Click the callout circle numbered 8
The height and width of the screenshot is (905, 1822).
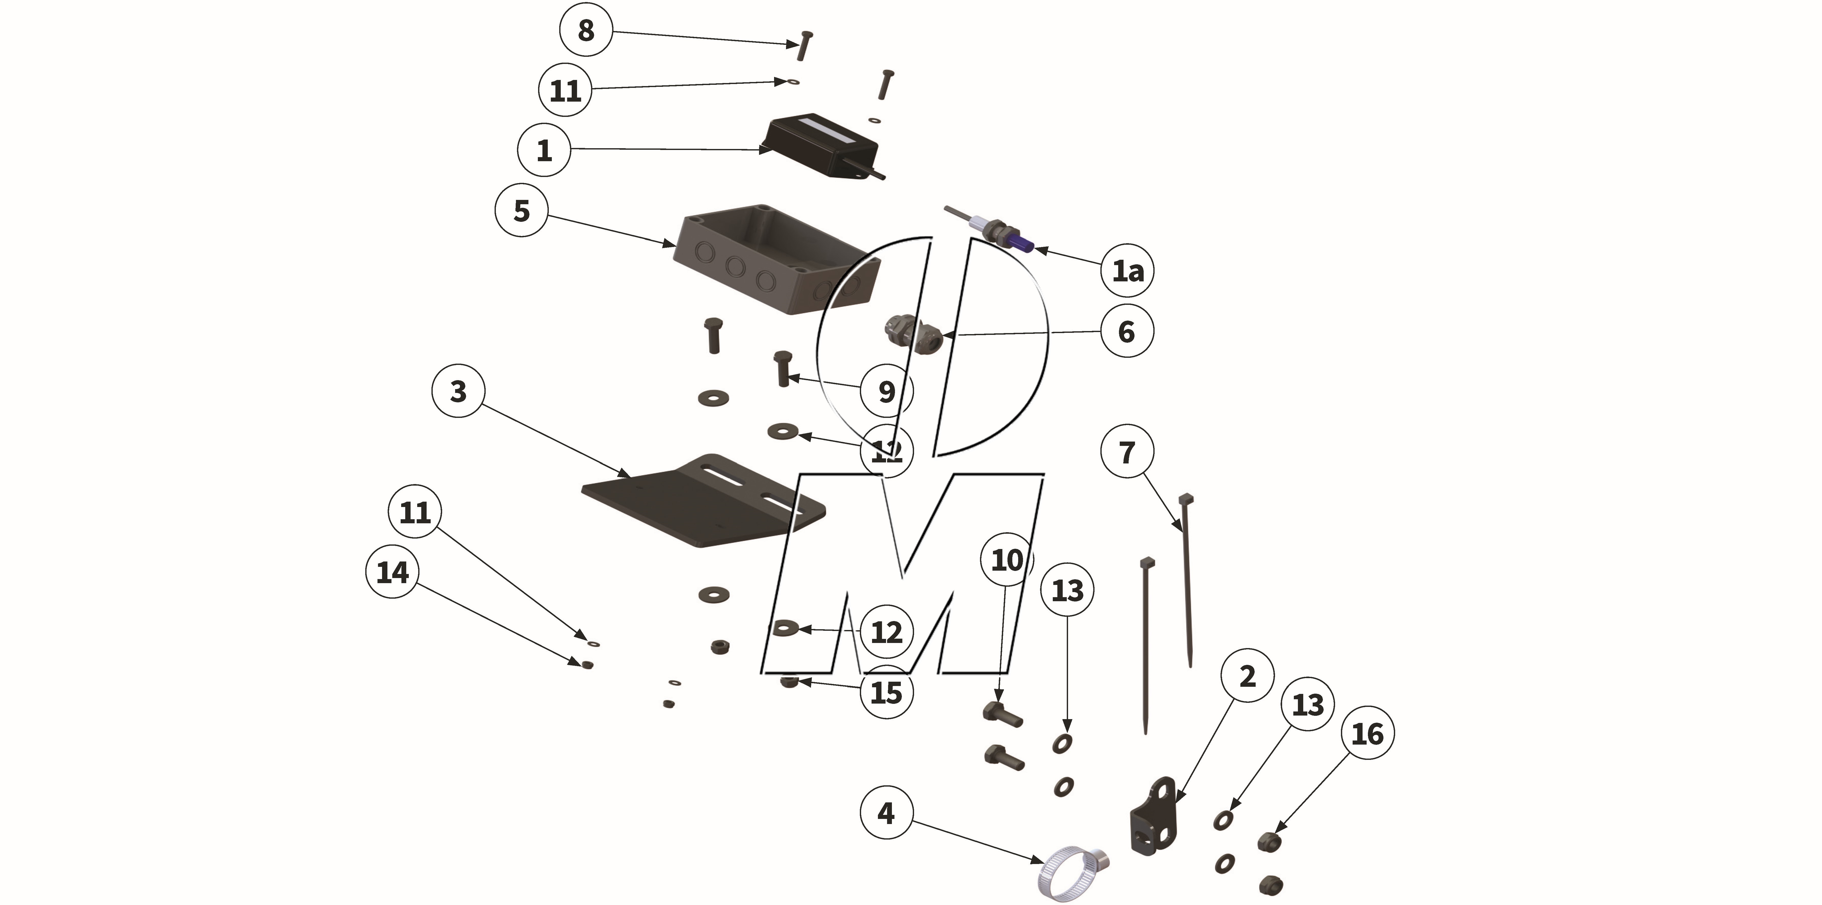586,30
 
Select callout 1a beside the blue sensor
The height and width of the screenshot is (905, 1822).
1127,270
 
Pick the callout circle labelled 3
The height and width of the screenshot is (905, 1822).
458,391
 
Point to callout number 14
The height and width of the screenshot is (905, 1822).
393,572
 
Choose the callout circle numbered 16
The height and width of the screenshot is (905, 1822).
1367,734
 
